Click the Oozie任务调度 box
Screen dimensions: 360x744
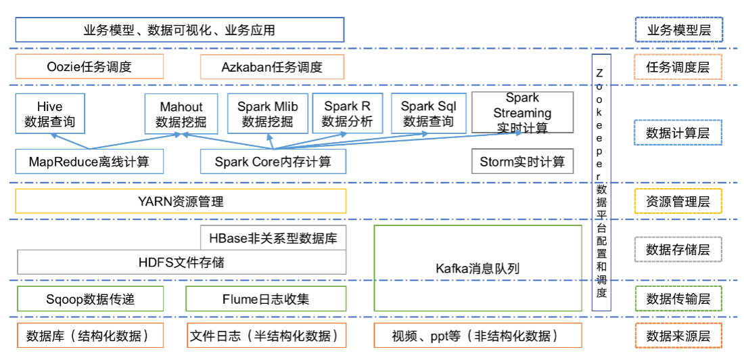(89, 67)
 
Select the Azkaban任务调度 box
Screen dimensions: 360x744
(272, 67)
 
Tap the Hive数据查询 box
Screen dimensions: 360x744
(49, 114)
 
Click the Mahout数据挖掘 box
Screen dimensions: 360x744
(181, 114)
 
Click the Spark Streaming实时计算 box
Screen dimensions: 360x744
(521, 112)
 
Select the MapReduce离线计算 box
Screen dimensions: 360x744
(89, 162)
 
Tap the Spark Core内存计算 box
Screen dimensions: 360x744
(273, 162)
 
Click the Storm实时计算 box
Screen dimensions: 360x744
(521, 162)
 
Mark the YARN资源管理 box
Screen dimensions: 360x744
(181, 201)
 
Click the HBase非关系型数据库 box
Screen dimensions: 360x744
(273, 238)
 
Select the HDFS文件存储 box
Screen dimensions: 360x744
(181, 262)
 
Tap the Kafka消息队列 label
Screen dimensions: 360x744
(478, 268)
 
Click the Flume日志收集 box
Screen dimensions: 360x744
(265, 298)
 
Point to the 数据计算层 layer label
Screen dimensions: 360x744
(678, 133)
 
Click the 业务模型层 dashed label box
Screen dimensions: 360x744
(678, 30)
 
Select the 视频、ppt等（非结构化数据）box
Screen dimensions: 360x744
(477, 336)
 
